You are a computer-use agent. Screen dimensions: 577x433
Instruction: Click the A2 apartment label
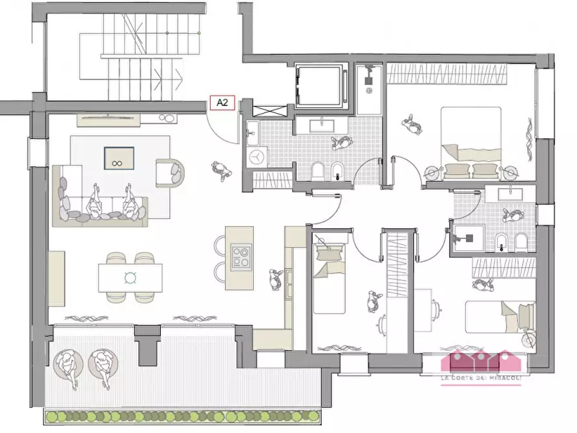click(222, 102)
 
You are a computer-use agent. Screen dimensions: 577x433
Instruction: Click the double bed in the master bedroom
click(471, 143)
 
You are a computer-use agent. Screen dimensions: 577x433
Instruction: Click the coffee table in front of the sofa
click(119, 158)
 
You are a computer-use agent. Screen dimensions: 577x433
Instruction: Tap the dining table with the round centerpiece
click(131, 278)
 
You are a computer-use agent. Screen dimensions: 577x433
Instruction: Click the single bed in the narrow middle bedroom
click(329, 279)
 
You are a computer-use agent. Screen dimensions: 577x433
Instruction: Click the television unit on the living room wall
click(109, 120)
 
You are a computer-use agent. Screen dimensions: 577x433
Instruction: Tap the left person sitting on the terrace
click(68, 366)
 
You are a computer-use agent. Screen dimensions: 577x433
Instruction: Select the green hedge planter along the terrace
click(182, 417)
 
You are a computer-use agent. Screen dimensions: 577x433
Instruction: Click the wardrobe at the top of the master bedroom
click(446, 73)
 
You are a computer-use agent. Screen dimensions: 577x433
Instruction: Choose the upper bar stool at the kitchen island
click(220, 246)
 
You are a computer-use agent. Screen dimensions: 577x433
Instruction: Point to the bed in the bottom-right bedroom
click(500, 317)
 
